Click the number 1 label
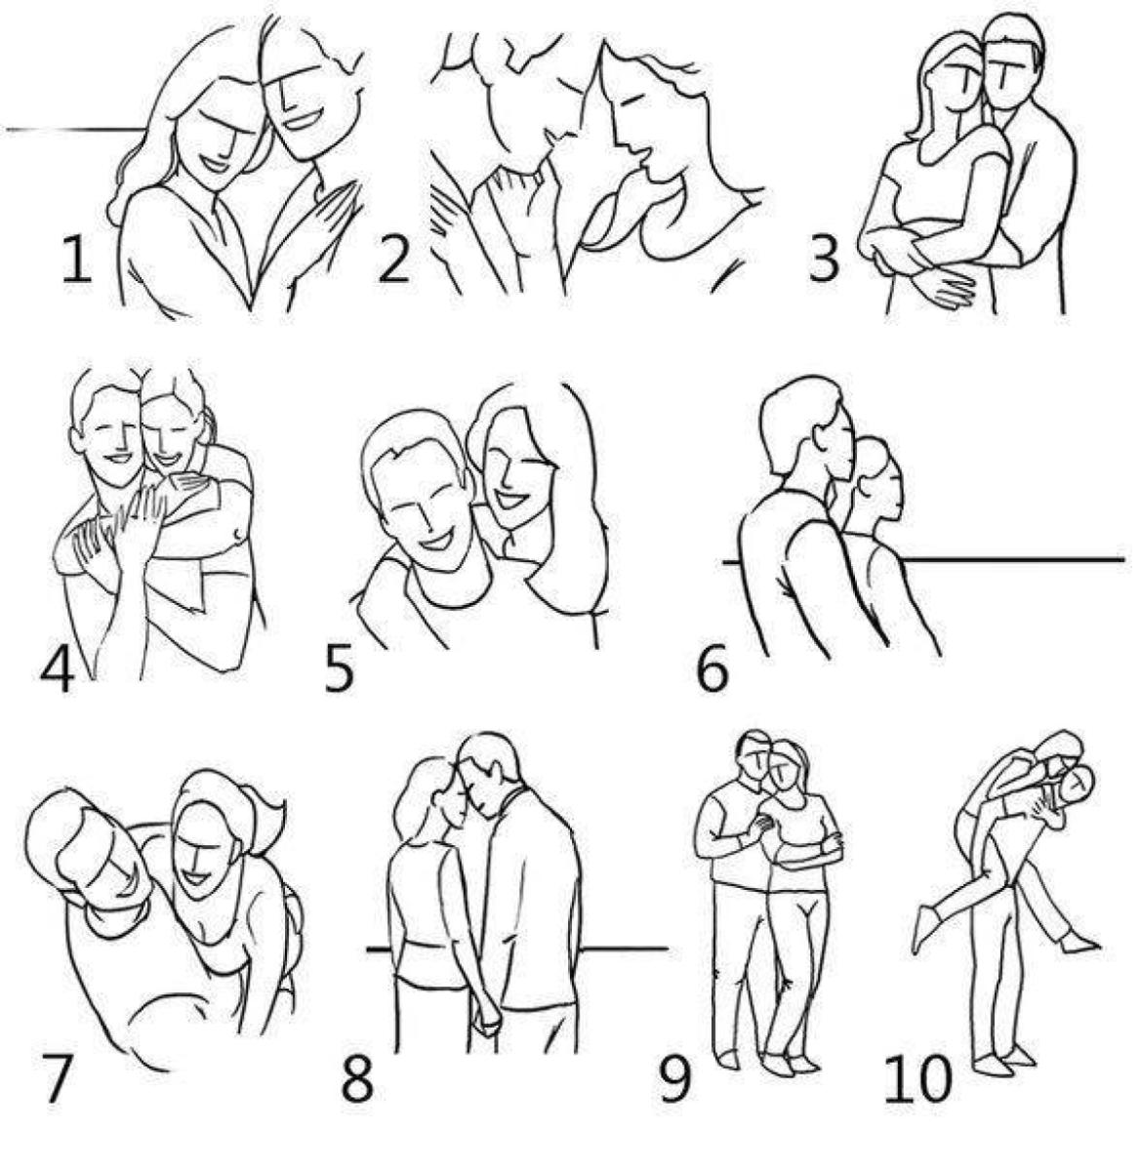[76, 260]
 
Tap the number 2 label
[394, 260]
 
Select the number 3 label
[824, 260]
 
